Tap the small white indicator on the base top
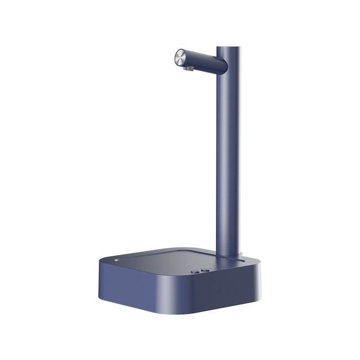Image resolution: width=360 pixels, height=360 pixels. [x=116, y=260]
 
